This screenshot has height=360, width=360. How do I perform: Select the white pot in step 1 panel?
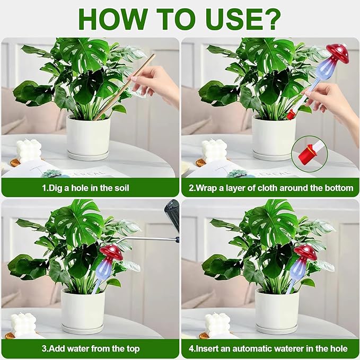coord(88,137)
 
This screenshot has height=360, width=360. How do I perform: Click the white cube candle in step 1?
coord(29,150)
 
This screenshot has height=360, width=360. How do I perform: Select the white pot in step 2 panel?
coord(274,137)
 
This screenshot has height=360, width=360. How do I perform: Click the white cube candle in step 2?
coord(214,150)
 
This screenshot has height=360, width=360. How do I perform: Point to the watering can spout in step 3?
coord(146,240)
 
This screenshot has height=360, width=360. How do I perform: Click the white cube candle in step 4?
coord(217,324)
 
